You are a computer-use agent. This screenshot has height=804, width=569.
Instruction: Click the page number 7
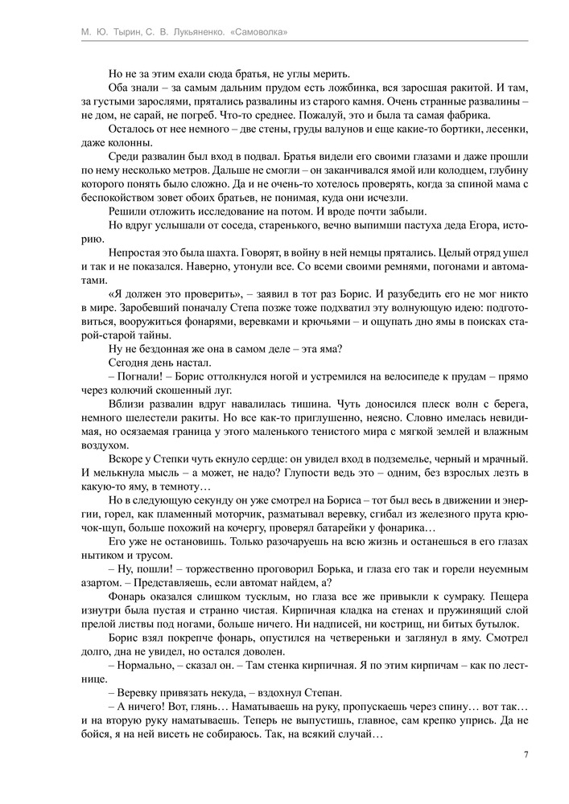[x=525, y=755]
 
